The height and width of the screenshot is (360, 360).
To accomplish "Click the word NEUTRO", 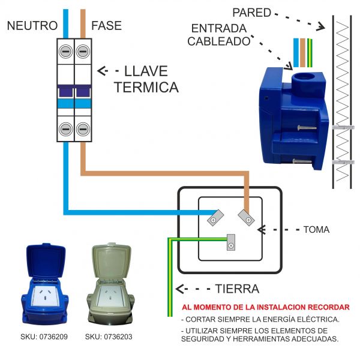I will click(x=32, y=26).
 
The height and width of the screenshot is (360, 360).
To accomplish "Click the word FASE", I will click(x=106, y=26).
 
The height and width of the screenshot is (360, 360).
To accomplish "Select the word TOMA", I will click(x=316, y=230).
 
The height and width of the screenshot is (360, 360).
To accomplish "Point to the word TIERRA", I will click(x=236, y=289).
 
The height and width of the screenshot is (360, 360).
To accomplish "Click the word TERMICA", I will click(x=146, y=88).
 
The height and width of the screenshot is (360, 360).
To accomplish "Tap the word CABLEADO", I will click(x=218, y=41).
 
